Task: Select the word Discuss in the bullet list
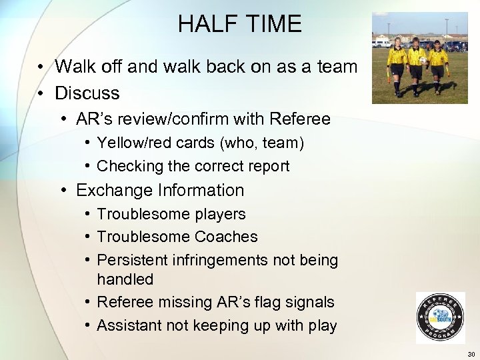[x=87, y=93]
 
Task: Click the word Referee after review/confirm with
[x=300, y=119]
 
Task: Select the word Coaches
[x=226, y=237]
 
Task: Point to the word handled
[x=125, y=279]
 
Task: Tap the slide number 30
[x=471, y=354]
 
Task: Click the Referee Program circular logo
[x=440, y=317]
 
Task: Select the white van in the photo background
[x=382, y=43]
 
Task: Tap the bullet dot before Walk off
[x=41, y=67]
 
